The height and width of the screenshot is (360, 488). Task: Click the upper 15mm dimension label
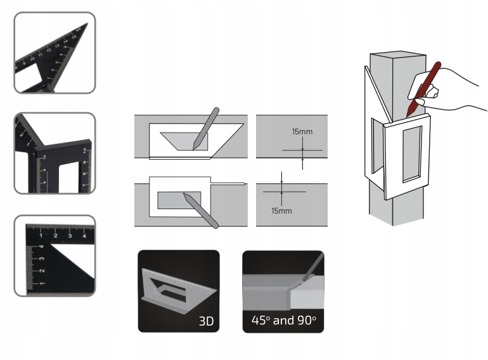(302, 132)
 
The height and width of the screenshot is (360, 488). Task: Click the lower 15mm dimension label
(282, 210)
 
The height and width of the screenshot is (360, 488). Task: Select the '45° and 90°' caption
(283, 321)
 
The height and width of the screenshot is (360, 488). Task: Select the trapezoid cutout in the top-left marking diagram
(184, 140)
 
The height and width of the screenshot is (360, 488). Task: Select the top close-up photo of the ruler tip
(55, 53)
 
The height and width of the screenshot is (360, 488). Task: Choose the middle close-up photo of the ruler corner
(55, 153)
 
